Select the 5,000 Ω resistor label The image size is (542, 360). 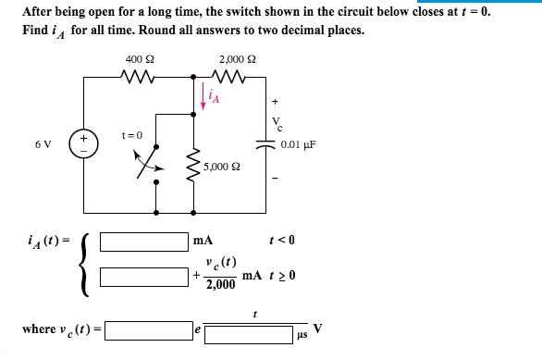(222, 168)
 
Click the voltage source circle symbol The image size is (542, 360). (83, 144)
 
